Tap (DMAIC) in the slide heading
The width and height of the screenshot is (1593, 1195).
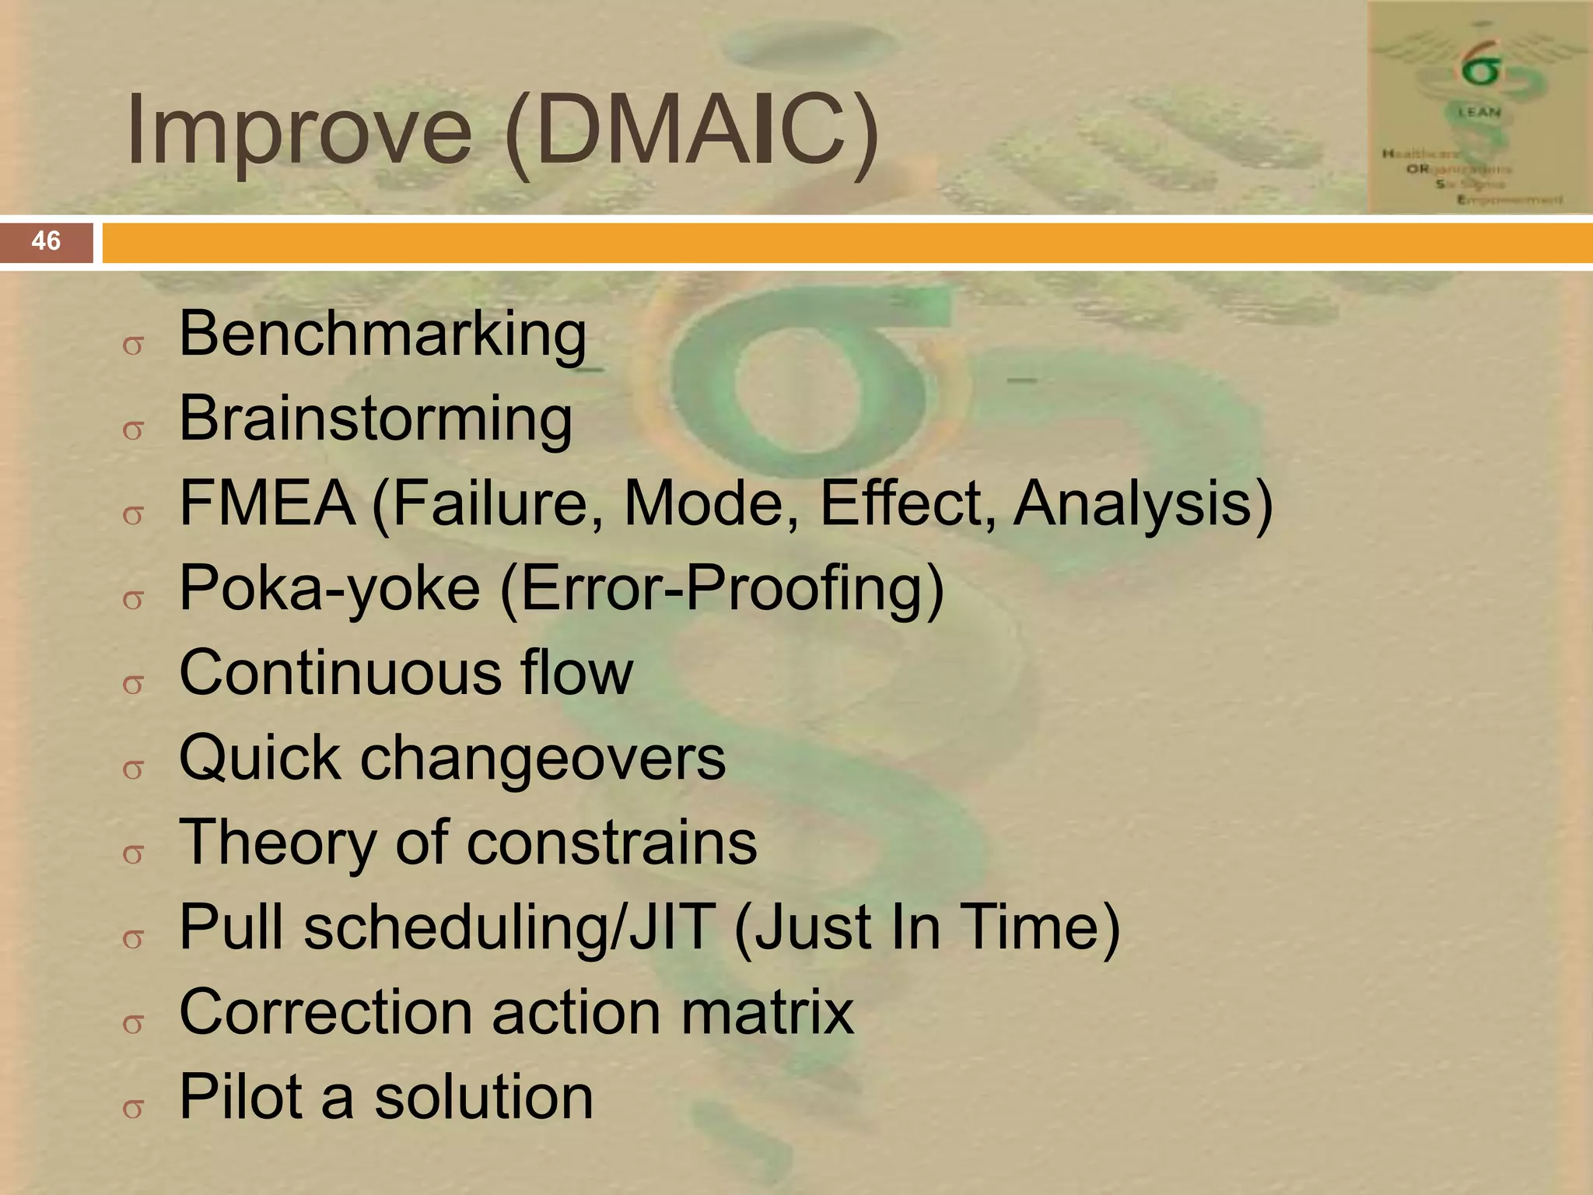pos(691,132)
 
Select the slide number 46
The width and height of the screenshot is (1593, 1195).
pos(46,241)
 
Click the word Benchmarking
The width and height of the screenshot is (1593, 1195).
pos(383,334)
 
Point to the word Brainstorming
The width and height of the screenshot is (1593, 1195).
pos(376,419)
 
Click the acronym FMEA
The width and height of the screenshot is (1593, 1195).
pos(268,503)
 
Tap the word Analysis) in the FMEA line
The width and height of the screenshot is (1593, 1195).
pos(1143,503)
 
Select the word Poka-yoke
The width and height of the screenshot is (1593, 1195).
pos(329,588)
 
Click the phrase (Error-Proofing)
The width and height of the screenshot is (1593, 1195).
pos(721,588)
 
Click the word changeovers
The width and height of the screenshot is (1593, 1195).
pos(542,758)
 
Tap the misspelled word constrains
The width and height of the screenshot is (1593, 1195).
pos(611,843)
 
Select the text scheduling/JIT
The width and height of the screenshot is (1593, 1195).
pos(509,927)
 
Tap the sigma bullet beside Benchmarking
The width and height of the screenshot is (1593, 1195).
pos(133,345)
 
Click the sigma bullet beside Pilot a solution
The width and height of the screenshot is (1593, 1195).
pos(133,1109)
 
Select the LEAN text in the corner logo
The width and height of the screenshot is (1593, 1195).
pos(1479,111)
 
